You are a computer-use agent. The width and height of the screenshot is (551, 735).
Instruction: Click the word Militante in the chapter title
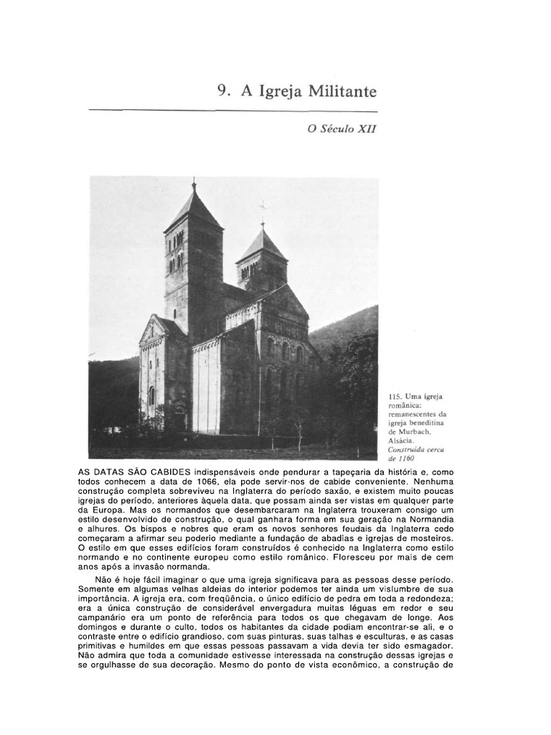coord(342,92)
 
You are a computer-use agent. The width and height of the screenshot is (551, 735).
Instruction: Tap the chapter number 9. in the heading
coord(224,92)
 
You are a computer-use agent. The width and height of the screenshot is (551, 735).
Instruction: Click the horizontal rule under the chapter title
coord(233,111)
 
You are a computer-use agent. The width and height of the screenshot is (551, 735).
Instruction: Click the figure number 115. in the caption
coord(393,395)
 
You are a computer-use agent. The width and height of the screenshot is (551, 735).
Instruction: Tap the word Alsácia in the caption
coord(400,441)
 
